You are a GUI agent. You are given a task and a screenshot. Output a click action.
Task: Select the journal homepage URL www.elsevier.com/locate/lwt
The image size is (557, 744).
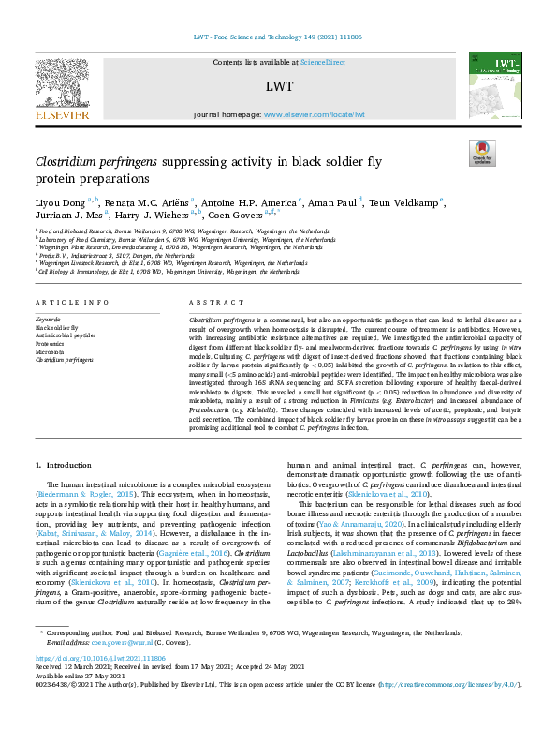pos(313,114)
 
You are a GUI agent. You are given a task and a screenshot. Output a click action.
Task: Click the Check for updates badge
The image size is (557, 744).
pos(482,152)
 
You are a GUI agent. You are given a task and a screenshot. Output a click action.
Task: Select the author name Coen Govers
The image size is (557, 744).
pos(235,215)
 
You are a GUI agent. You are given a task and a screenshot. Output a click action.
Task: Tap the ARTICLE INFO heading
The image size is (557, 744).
pos(63,251)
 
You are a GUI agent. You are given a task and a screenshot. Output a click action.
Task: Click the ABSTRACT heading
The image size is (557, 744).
pos(210,251)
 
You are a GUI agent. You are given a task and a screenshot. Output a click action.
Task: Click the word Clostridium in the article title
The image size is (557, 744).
pos(71,162)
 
